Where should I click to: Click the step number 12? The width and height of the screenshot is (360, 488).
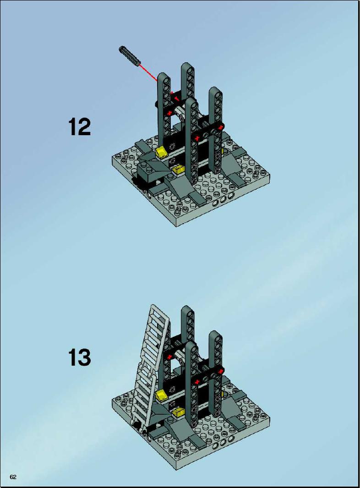coord(79,126)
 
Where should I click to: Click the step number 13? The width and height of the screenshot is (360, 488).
coord(79,357)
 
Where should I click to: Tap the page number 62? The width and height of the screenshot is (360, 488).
coord(13,477)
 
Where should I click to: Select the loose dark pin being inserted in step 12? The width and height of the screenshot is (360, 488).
coord(129,56)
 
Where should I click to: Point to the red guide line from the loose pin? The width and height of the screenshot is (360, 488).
coord(149,73)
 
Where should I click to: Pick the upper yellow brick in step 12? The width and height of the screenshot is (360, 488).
coord(162,152)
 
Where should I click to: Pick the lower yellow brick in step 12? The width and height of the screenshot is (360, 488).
coord(178,169)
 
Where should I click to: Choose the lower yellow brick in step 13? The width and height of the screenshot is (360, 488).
coord(178,413)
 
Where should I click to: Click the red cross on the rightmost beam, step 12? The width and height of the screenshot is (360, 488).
coord(221,127)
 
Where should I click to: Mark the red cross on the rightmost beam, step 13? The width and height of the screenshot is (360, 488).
coord(221,370)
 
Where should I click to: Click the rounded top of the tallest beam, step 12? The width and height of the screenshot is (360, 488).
coord(188,66)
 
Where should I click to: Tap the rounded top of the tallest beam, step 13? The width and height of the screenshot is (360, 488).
coord(188,309)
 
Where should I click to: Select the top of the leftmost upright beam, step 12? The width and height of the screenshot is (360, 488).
coord(164,77)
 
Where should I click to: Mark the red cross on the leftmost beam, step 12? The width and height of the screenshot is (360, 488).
coord(169,113)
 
